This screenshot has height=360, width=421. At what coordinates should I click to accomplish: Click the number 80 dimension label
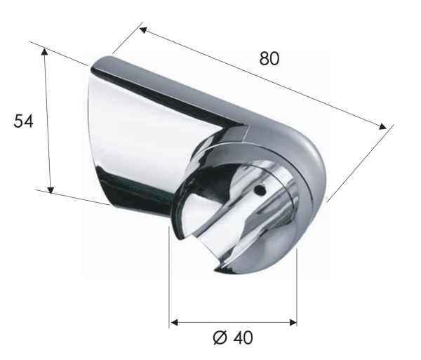tap(269, 59)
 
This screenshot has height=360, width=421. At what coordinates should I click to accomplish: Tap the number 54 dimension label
tap(24, 121)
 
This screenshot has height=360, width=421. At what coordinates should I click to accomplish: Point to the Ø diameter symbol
tap(219, 339)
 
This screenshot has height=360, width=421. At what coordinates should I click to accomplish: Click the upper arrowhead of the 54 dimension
tap(45, 51)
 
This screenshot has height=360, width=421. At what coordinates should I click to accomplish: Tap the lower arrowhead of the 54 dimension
tap(51, 189)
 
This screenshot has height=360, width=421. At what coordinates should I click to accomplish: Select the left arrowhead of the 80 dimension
tap(142, 29)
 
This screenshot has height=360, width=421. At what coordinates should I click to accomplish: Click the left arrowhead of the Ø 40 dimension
tap(174, 323)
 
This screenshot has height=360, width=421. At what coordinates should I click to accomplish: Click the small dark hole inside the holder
tap(260, 189)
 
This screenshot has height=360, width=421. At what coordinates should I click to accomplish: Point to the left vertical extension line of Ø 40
tap(170, 281)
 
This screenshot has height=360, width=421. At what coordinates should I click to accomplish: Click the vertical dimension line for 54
tap(48, 119)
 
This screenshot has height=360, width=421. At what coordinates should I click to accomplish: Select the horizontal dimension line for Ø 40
tap(233, 323)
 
